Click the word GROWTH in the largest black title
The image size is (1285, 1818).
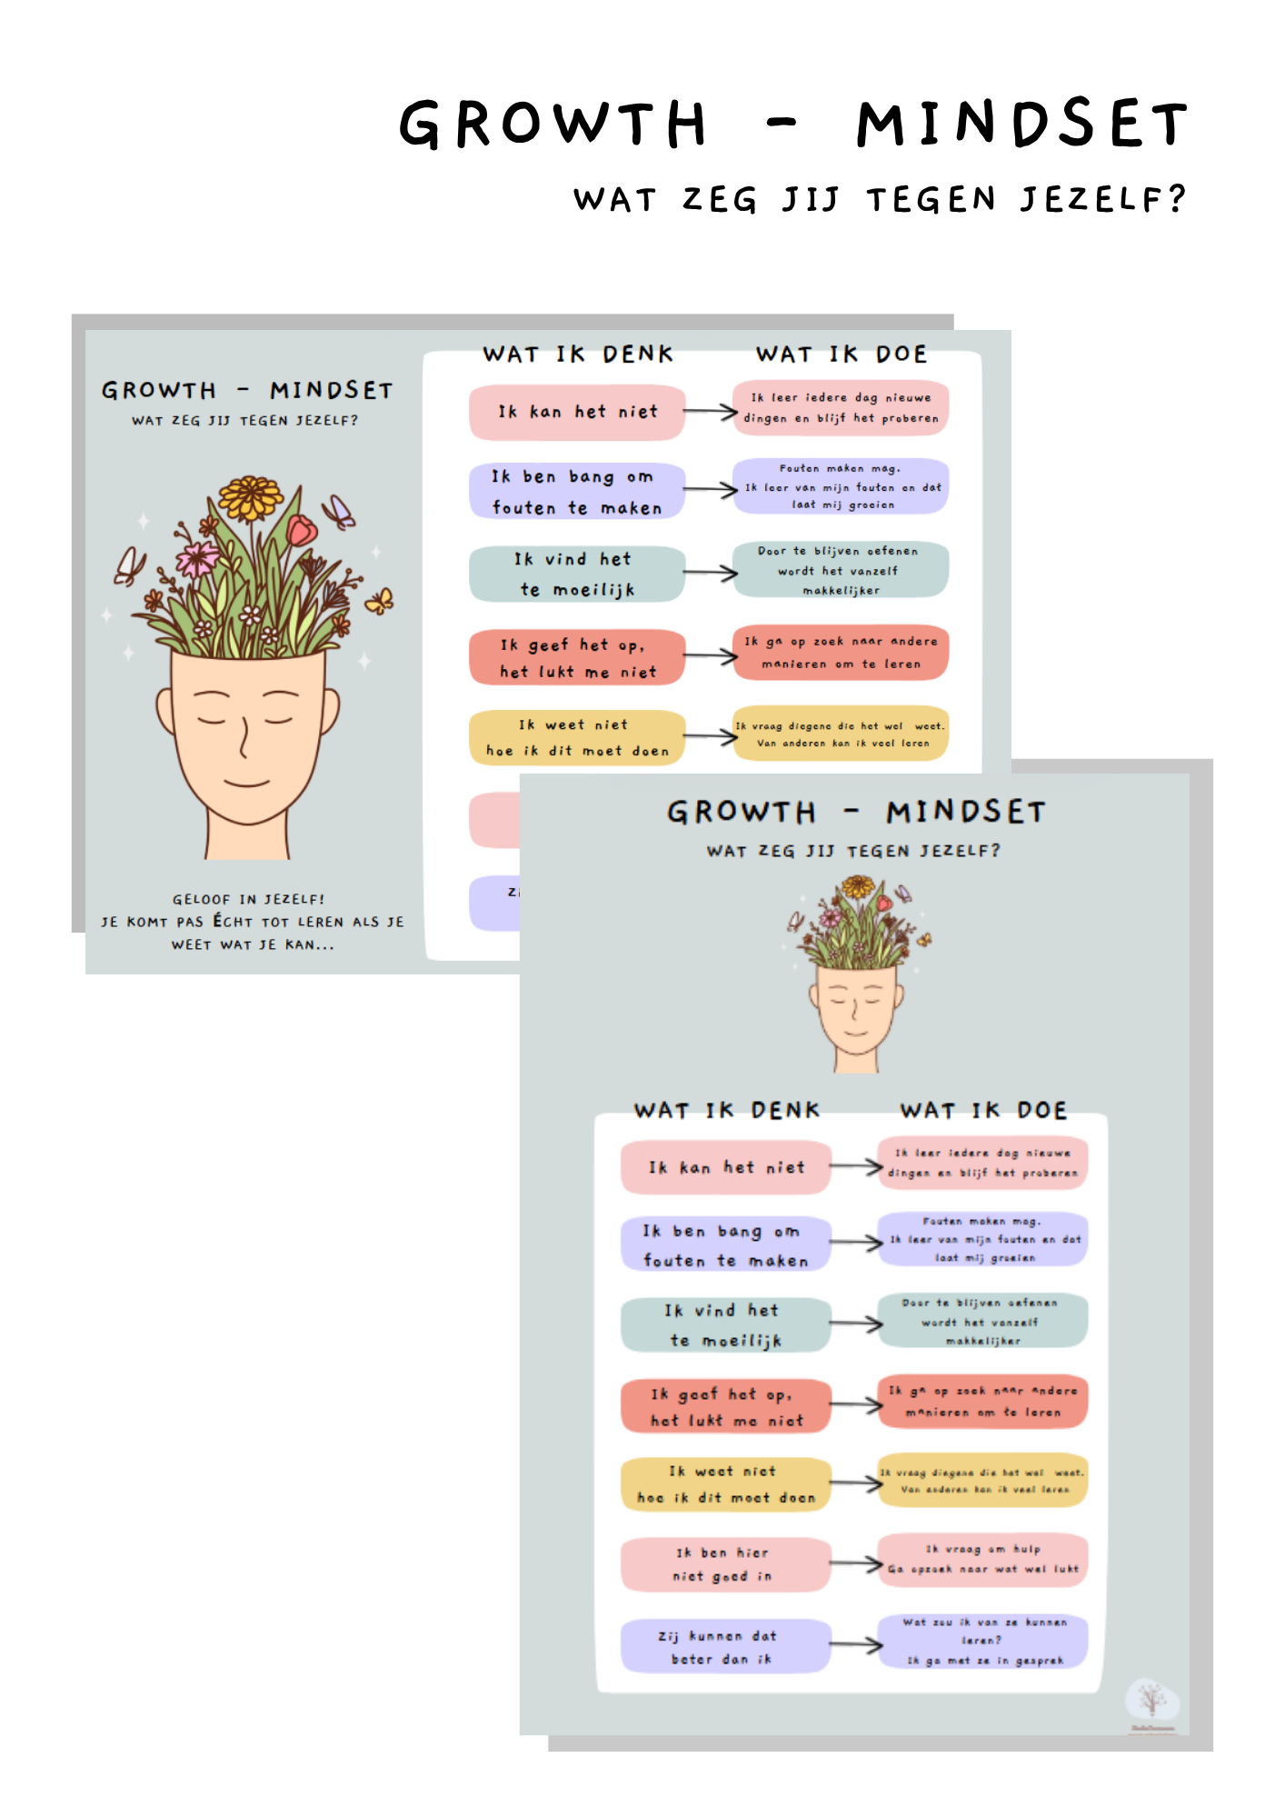[x=553, y=124]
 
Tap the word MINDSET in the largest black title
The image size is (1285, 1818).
[x=1021, y=124]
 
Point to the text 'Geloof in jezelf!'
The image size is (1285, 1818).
[x=248, y=899]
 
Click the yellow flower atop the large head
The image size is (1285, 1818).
[x=251, y=499]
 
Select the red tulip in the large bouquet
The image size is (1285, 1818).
[x=303, y=529]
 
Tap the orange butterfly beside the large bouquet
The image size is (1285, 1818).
[x=380, y=600]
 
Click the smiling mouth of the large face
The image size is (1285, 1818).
[x=246, y=782]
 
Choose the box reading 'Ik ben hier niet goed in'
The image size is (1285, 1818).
[x=725, y=1564]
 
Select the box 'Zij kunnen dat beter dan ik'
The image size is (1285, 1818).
[x=725, y=1646]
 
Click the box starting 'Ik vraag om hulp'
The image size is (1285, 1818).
[x=983, y=1559]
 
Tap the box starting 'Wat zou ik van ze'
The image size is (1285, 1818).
[x=983, y=1641]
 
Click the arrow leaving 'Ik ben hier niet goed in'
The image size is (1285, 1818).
[x=855, y=1563]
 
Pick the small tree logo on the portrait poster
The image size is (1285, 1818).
[x=1151, y=1699]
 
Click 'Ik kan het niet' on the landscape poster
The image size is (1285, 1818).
[x=577, y=412]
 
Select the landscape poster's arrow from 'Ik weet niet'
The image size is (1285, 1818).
[x=710, y=736]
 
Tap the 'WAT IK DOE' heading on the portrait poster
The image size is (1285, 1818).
[x=983, y=1110]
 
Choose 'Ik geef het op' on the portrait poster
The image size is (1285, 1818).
[x=725, y=1406]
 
